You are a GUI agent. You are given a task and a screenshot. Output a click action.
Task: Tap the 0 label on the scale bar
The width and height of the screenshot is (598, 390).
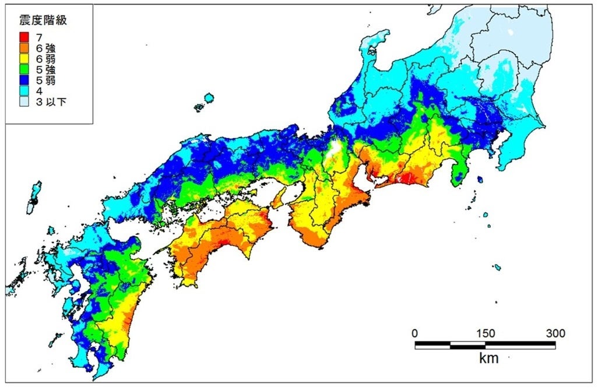coord(414,333)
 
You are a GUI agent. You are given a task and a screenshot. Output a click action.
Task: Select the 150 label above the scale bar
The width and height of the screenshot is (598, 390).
coord(486,333)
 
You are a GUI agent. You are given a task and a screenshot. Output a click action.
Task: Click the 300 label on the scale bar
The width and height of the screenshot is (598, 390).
coord(555,333)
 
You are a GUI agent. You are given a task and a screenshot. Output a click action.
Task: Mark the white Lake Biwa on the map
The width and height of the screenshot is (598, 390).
coord(335,148)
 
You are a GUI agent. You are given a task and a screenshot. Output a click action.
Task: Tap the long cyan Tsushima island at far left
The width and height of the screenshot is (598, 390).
coord(34,197)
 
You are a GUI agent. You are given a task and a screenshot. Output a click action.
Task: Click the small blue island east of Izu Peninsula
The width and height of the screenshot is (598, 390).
coord(480,180)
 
